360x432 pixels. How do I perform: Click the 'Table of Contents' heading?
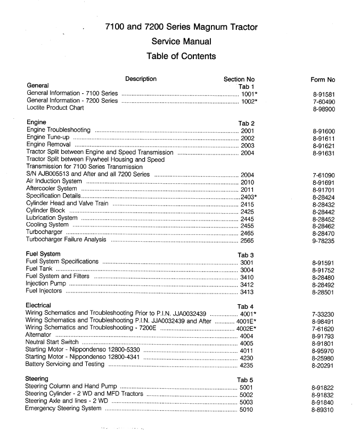coord(181,56)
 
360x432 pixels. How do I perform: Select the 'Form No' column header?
coord(322,80)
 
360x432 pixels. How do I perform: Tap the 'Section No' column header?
coord(239,79)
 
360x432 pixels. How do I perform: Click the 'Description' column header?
coord(141,79)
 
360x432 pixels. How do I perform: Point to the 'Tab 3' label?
coord(246,255)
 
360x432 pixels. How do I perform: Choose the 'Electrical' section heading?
coord(38,305)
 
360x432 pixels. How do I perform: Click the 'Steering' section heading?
coord(37,379)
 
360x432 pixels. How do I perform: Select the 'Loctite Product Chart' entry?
coord(55,108)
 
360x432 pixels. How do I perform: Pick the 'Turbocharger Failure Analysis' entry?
coord(66,240)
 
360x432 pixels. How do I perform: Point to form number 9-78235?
coord(323,241)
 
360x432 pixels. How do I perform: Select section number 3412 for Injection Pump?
coord(247,284)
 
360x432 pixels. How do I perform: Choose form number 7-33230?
coord(323,314)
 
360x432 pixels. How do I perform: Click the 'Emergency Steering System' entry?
coord(63,409)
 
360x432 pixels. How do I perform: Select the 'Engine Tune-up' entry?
coord(47,137)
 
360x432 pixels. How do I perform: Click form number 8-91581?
coord(323,94)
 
